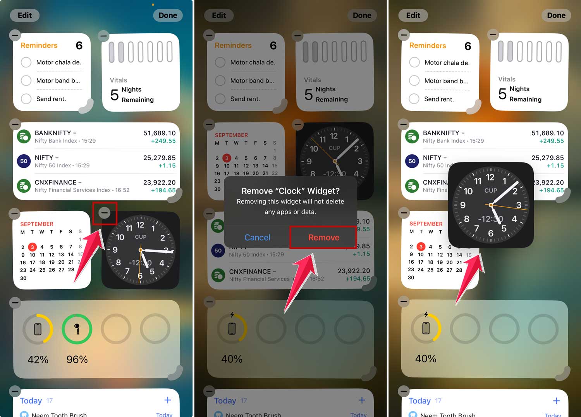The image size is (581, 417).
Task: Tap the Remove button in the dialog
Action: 323,237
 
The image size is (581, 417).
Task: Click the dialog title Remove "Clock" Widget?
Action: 290,191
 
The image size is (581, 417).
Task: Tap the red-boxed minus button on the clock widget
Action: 104,213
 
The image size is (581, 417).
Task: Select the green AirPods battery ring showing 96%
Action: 77,329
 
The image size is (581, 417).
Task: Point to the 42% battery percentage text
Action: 38,360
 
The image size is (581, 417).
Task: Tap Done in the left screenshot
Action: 168,16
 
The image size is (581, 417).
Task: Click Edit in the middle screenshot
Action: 219,16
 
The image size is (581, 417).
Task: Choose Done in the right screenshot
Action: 556,16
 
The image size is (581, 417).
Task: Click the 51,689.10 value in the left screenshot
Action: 159,133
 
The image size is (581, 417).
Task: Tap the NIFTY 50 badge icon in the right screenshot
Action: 412,161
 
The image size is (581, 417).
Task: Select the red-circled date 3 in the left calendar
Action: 33,247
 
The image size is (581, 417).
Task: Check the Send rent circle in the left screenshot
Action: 26,99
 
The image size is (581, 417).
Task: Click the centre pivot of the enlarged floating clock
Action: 491,205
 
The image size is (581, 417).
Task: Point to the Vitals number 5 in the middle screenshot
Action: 308,95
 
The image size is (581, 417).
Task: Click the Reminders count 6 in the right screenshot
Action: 468,47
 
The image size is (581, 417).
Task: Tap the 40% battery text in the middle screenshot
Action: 232,359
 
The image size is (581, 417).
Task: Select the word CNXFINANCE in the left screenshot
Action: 55,182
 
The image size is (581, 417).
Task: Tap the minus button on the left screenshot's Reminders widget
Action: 15,35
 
